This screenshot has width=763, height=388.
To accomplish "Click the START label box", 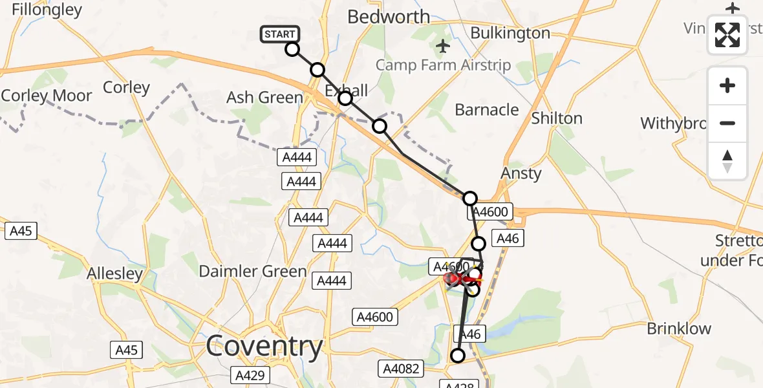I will point(279,34).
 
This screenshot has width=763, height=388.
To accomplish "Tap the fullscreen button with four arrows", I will point(727,35).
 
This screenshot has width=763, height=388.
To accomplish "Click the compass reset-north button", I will point(727,161).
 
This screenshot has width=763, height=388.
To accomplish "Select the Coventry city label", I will point(264,347).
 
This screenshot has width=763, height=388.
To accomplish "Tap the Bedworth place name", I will point(389,17).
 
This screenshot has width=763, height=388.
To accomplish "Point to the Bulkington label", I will point(510,33).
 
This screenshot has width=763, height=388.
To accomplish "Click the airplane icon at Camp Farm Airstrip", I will point(443,47).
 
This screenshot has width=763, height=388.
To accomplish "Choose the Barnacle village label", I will point(487,110).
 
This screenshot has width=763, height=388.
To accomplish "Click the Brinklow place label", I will point(679,329).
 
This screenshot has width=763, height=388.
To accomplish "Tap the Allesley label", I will point(115,274).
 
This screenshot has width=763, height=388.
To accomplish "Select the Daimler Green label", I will point(252,271).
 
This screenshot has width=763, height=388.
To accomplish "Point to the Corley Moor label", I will point(47,96).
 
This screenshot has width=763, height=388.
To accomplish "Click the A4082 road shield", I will point(401,369).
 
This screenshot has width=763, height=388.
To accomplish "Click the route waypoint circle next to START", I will point(292,49).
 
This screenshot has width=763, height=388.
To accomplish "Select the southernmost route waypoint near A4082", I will point(458,356).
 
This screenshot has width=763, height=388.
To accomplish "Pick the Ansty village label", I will point(521,173).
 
